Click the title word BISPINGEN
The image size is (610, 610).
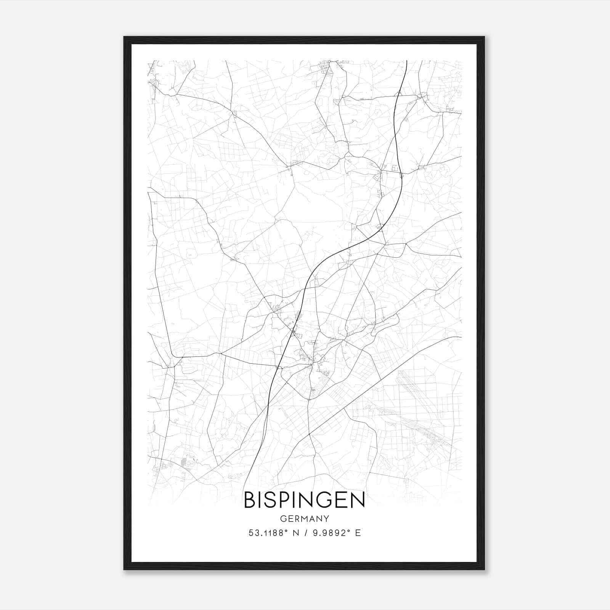tap(304, 501)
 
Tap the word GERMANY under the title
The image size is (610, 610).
tap(304, 519)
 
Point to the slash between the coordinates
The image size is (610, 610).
tap(305, 533)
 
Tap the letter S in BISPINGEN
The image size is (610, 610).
tap(270, 501)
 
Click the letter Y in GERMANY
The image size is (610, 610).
tap(326, 519)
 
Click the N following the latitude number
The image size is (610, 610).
tap(295, 533)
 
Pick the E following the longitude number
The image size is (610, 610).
tap(358, 533)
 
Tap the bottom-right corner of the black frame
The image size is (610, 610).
tap(484, 569)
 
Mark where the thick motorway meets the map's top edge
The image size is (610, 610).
tap(407, 61)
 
